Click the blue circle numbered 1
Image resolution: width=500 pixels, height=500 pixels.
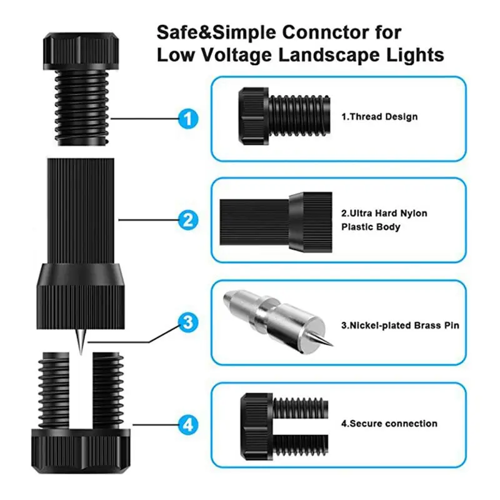(x=188, y=119)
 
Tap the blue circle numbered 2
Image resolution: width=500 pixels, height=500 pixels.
(x=188, y=220)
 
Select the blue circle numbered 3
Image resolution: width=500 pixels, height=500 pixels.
(x=188, y=322)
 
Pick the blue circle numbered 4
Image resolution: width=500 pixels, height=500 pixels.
(x=188, y=425)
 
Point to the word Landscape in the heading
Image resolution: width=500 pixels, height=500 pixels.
(x=329, y=54)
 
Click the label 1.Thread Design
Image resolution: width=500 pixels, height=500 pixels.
(x=379, y=117)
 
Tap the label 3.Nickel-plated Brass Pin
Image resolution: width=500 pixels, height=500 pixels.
(x=400, y=325)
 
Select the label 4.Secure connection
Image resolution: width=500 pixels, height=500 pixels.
(x=389, y=424)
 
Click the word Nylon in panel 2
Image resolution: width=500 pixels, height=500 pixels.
(x=414, y=213)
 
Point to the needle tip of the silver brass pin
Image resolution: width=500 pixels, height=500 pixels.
(x=333, y=346)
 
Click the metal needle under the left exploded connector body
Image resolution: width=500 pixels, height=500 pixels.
(x=81, y=341)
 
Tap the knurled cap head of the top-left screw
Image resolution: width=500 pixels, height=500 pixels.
(x=81, y=51)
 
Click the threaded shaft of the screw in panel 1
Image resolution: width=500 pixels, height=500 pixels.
(x=299, y=116)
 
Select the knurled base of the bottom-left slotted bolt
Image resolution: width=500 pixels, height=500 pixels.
(x=81, y=451)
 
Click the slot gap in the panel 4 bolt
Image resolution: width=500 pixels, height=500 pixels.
(x=301, y=424)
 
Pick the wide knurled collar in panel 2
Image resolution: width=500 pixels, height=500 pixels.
(x=311, y=222)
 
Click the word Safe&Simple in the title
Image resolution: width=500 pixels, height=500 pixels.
(x=216, y=32)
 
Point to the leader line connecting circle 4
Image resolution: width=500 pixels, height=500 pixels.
(x=155, y=425)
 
